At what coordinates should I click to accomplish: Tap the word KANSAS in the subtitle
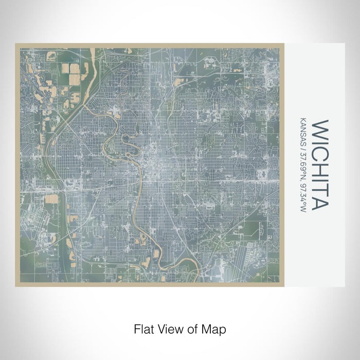[303, 129]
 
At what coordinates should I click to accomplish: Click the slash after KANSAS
[303, 146]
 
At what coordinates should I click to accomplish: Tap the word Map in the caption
[215, 328]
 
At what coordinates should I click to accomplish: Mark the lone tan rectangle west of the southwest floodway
[52, 199]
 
